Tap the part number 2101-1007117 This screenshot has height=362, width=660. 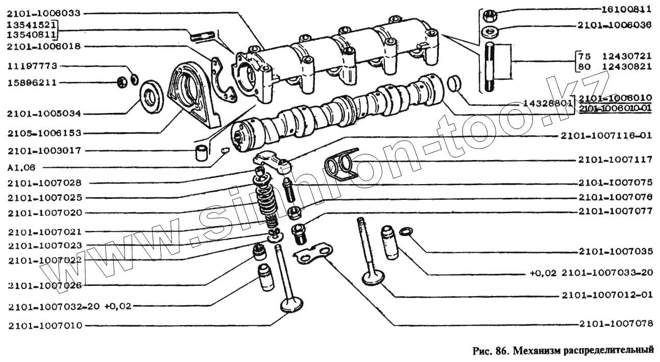point(616,160)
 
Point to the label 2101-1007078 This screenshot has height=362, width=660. point(616,324)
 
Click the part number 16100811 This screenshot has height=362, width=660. point(626,9)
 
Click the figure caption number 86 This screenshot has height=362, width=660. point(501,351)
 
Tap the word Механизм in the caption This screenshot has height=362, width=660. point(536,351)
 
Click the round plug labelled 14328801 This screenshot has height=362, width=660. point(454,84)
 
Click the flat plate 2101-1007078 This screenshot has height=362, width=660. point(312,254)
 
